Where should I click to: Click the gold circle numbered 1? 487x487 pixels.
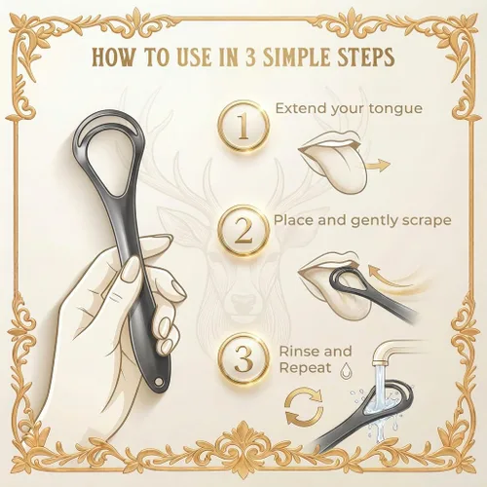243,127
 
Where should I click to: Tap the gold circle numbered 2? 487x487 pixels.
243,231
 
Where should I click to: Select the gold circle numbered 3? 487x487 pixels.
243,358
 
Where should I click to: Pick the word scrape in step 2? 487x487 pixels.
427,221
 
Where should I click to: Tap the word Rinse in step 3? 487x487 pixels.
300,351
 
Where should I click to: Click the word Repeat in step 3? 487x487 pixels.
305,368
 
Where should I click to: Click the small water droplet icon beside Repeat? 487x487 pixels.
345,371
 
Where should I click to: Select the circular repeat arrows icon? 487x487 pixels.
304,405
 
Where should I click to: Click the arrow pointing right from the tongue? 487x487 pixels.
378,166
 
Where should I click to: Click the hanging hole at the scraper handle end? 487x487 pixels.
159,381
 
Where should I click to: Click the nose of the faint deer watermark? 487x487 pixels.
242,300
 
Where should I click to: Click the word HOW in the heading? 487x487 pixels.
113,56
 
